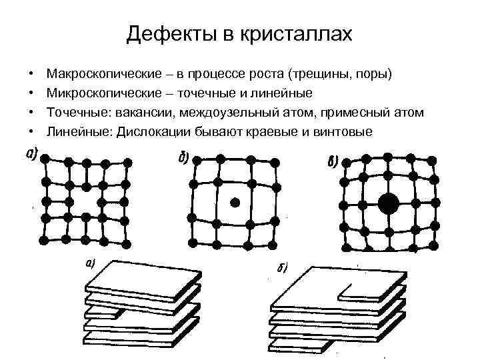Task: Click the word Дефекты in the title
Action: pyautogui.click(x=164, y=34)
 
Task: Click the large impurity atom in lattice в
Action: pyautogui.click(x=387, y=203)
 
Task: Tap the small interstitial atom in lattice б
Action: pyautogui.click(x=234, y=201)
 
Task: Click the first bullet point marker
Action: pyautogui.click(x=31, y=71)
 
